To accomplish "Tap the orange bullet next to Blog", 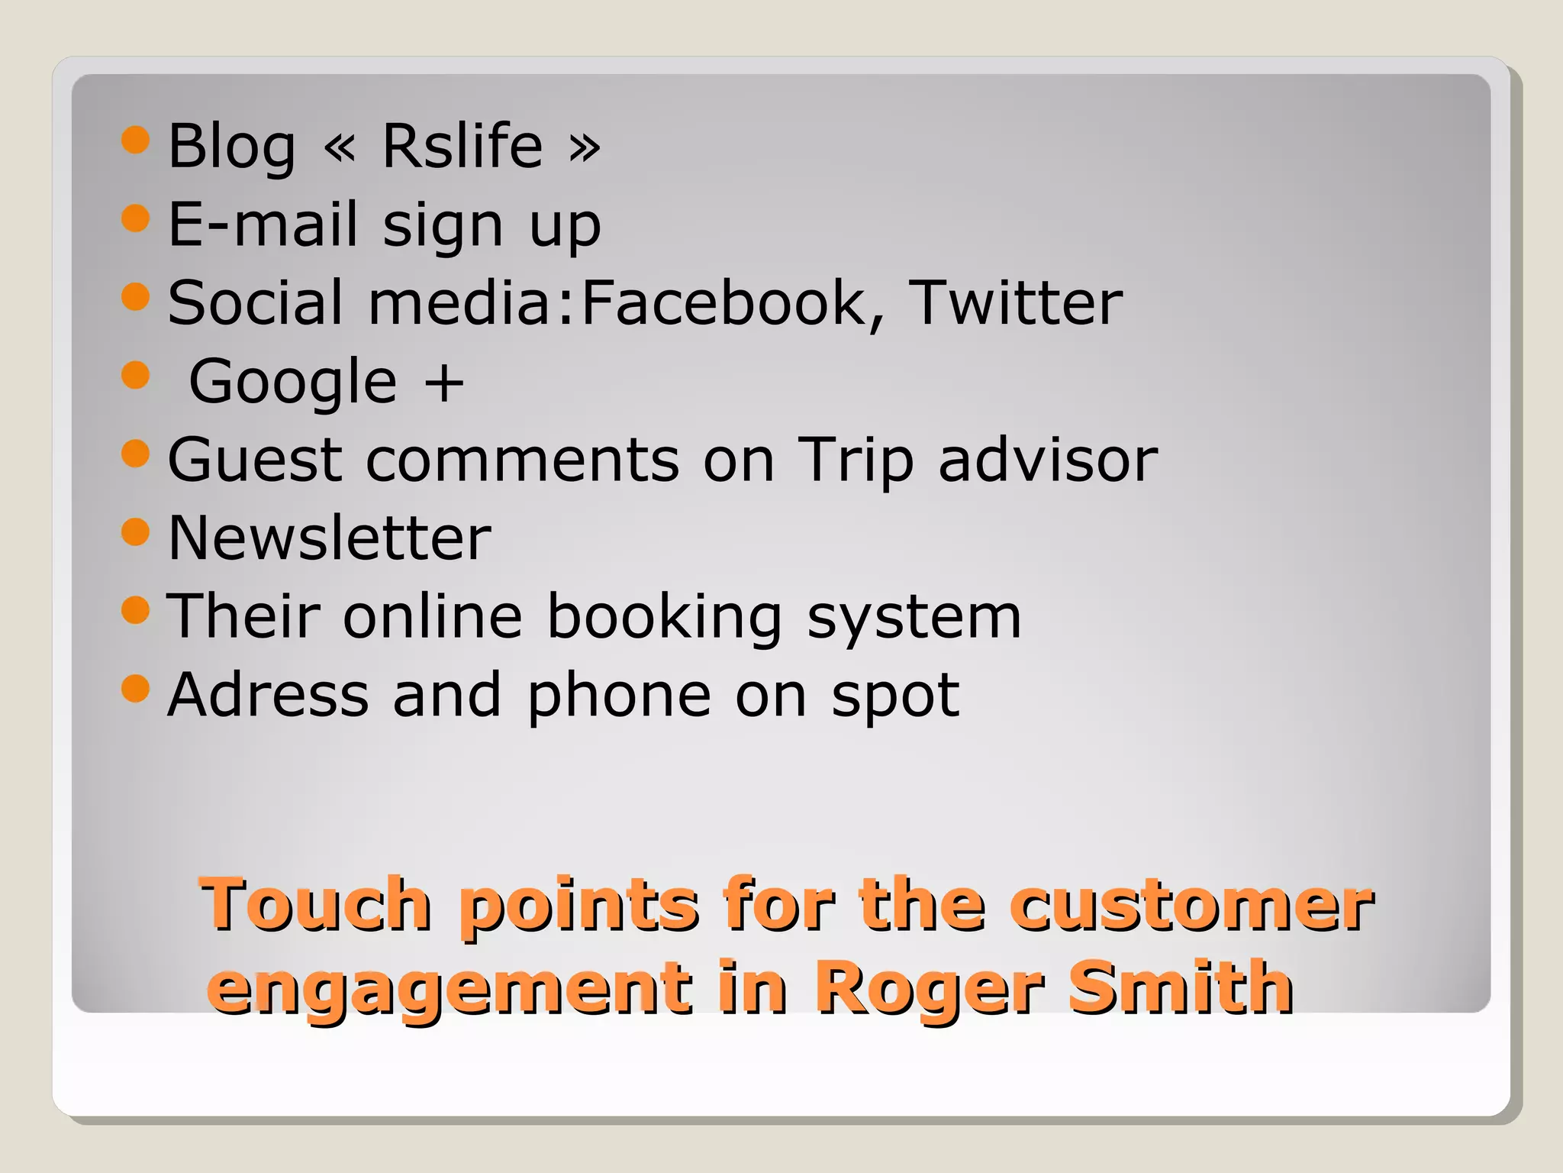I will click(135, 140).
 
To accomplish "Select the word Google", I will click(293, 383).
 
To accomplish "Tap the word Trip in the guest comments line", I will click(855, 460).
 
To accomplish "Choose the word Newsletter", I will click(329, 538).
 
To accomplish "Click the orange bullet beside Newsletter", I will click(135, 532).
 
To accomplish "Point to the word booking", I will click(665, 617).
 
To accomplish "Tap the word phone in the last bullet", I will click(619, 696).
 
